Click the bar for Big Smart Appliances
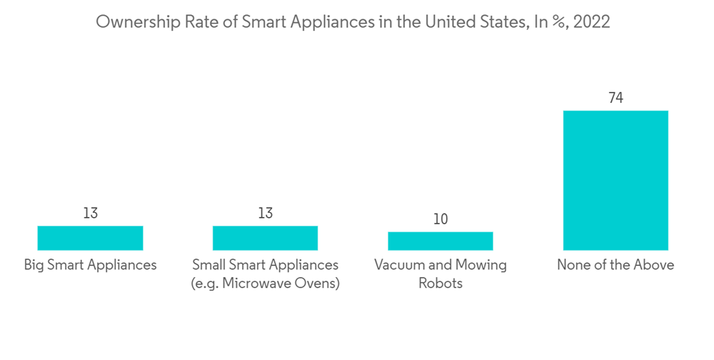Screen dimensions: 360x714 click(90, 238)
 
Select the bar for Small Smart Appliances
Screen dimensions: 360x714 click(265, 238)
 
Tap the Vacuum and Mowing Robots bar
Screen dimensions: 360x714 click(441, 241)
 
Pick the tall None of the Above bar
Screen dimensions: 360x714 click(615, 180)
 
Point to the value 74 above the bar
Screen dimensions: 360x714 click(615, 98)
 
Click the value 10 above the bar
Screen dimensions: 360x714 click(441, 219)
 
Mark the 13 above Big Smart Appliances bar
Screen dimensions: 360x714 click(90, 214)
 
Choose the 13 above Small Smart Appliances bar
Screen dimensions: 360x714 click(265, 214)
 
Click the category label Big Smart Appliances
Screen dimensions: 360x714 click(90, 265)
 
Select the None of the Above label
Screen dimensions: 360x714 click(615, 265)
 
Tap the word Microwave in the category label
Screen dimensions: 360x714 click(255, 284)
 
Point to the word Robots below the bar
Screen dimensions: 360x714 click(441, 284)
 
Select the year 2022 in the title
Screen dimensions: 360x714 click(591, 22)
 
